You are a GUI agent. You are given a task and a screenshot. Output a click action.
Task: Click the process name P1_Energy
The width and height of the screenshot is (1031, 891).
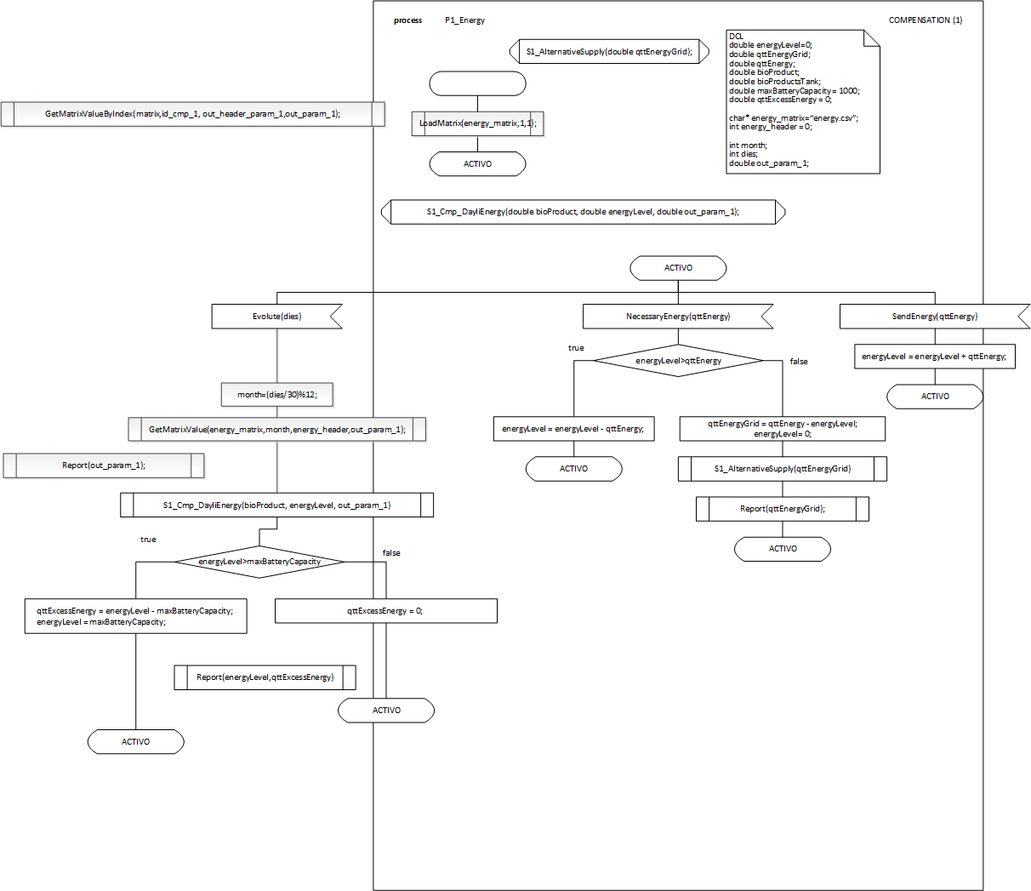tap(464, 20)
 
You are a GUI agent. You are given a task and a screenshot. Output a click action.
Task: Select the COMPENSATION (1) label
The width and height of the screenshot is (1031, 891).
tap(926, 20)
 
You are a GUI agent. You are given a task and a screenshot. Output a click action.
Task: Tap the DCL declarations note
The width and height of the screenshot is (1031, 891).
tap(802, 101)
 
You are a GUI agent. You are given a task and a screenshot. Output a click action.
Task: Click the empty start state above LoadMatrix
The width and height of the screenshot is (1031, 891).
tap(478, 83)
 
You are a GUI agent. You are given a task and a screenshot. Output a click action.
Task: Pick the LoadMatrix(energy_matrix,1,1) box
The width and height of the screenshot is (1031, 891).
tap(477, 123)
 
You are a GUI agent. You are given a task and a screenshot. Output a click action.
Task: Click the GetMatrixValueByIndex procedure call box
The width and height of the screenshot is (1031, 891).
tap(193, 114)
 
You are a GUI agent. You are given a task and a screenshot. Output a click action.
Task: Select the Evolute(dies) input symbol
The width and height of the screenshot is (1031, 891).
tap(276, 317)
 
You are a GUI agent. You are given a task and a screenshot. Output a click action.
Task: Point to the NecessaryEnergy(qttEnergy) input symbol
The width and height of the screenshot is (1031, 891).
tap(678, 317)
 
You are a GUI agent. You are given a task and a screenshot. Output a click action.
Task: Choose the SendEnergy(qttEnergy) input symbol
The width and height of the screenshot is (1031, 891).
tap(934, 317)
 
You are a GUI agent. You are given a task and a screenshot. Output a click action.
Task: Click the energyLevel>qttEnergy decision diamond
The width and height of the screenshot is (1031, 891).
tap(678, 361)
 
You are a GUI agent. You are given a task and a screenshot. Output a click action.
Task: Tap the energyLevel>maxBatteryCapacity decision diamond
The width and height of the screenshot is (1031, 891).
tap(259, 562)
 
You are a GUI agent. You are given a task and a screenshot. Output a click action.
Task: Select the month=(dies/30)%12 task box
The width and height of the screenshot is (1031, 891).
tap(276, 395)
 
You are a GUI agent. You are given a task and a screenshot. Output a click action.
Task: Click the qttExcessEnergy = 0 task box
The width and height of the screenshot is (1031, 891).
tap(385, 611)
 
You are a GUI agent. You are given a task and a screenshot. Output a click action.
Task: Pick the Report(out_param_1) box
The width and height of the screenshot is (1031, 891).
tap(104, 465)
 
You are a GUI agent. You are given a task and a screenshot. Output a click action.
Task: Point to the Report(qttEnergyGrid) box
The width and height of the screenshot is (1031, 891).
tap(783, 509)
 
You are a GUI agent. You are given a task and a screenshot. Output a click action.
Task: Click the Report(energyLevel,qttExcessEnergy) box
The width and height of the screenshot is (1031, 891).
tap(265, 677)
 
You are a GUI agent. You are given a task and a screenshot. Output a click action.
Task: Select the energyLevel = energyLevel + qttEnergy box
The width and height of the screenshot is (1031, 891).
tap(934, 357)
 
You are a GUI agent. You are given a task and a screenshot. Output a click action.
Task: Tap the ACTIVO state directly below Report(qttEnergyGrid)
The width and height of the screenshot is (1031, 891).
tap(783, 549)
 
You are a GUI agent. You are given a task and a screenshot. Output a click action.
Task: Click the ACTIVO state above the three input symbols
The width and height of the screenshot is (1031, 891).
tap(678, 268)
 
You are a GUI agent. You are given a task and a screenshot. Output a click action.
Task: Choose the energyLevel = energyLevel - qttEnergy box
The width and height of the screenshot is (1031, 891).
tap(573, 429)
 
